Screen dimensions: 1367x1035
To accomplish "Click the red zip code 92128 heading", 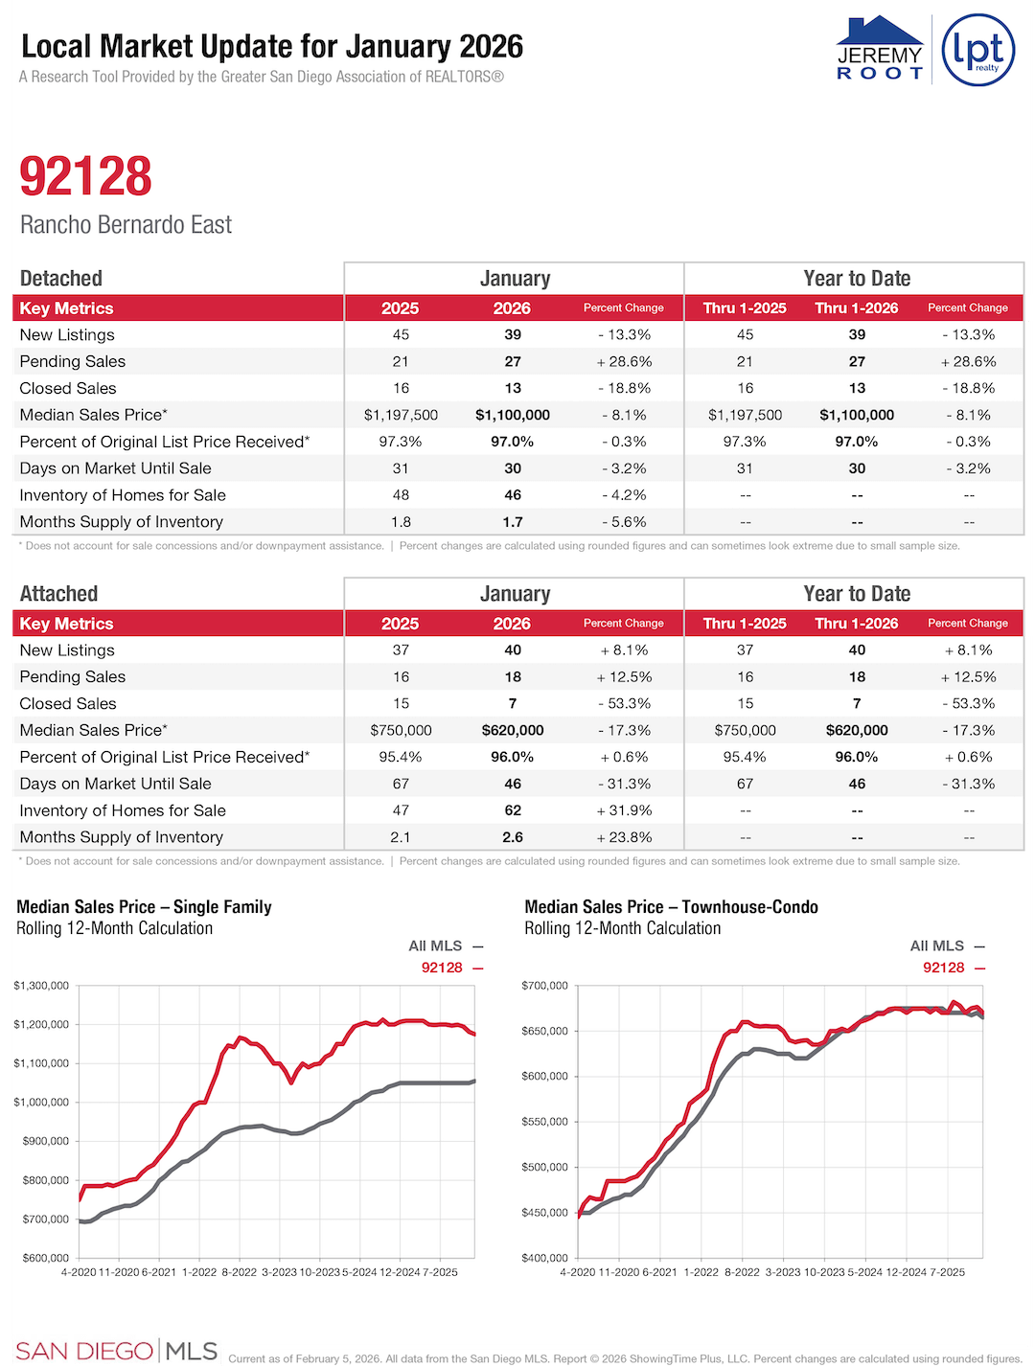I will pyautogui.click(x=86, y=176).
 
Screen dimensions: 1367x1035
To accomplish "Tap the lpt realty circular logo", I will pyautogui.click(x=977, y=50).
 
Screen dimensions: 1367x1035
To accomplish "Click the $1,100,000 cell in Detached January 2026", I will pyautogui.click(x=512, y=415).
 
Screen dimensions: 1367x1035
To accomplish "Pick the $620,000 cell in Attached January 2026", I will pyautogui.click(x=512, y=730).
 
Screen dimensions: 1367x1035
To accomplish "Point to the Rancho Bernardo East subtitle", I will pyautogui.click(x=126, y=225).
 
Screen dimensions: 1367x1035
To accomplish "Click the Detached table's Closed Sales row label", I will pyautogui.click(x=68, y=388).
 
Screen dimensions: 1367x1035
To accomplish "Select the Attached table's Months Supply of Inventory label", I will pyautogui.click(x=121, y=837).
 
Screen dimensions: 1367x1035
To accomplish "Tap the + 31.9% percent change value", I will pyautogui.click(x=624, y=810).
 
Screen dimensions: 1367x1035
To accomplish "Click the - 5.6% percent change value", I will pyautogui.click(x=624, y=522).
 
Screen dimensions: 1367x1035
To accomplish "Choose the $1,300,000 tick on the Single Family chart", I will pyautogui.click(x=41, y=986).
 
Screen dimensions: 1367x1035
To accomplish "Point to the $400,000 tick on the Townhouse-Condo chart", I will pyautogui.click(x=544, y=1258).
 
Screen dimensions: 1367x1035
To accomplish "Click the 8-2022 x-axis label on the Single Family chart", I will pyautogui.click(x=240, y=1272).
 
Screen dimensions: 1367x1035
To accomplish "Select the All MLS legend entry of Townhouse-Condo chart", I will pyautogui.click(x=946, y=946).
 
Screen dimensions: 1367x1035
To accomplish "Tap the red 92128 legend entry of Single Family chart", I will pyautogui.click(x=451, y=968).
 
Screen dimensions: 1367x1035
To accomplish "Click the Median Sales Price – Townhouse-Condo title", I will pyautogui.click(x=671, y=907).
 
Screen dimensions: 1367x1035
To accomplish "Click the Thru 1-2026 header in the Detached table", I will pyautogui.click(x=856, y=308).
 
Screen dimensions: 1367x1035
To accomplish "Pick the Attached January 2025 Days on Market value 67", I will pyautogui.click(x=401, y=784).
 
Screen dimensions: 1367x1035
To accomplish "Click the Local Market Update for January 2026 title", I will pyautogui.click(x=272, y=47).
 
